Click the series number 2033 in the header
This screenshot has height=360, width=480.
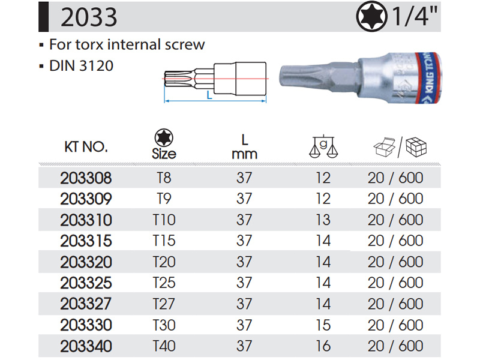point(89,17)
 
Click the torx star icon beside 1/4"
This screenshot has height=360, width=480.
point(371,17)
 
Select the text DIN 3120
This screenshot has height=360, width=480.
point(81,66)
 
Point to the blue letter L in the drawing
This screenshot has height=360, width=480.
point(209,95)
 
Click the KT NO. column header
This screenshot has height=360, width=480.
point(86,147)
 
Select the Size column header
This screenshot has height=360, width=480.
point(164,154)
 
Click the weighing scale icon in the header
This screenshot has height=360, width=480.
point(323,146)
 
